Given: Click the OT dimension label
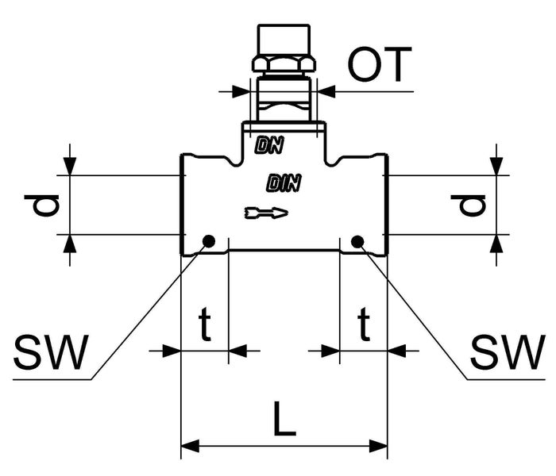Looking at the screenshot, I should (x=380, y=67).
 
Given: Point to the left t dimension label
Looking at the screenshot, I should (x=204, y=324).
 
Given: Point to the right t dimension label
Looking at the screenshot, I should (x=363, y=324).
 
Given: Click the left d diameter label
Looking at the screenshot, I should (x=47, y=205).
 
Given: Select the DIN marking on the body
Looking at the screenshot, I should (x=284, y=184).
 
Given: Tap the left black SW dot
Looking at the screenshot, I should (x=209, y=241).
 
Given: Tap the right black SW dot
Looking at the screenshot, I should (x=357, y=241).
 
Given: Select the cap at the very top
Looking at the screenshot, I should (x=283, y=38).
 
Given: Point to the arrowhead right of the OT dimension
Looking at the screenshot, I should (x=326, y=92).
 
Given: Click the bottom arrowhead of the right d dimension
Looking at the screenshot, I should (x=496, y=243).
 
